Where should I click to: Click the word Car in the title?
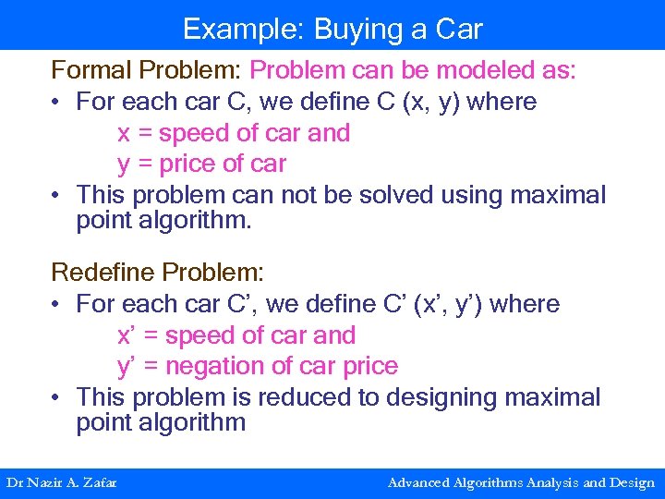(459, 29)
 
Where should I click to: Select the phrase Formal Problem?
(147, 70)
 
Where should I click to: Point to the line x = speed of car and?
(234, 133)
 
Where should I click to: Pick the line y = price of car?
(201, 164)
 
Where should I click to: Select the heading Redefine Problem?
(157, 273)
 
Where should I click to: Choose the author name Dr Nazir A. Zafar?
(62, 482)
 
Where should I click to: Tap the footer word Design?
(634, 482)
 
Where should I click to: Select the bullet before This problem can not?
(58, 196)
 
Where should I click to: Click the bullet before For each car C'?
(58, 304)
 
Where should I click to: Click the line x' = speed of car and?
(236, 335)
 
